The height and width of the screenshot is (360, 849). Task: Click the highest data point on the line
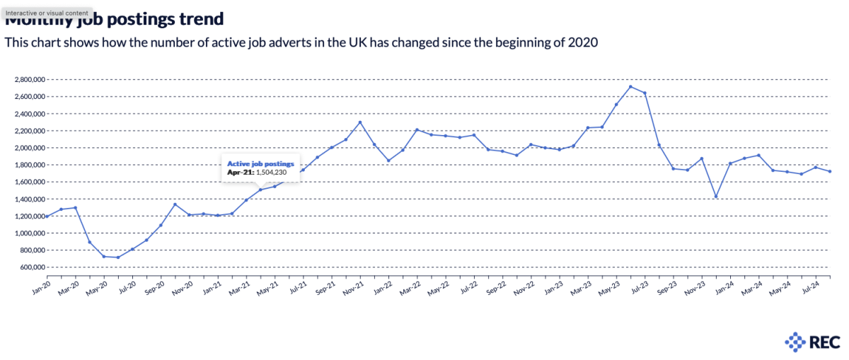coord(630,86)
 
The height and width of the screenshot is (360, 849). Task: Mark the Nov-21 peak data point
coord(360,122)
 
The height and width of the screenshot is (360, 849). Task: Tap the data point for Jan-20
coord(47,216)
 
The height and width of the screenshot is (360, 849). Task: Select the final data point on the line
coord(830,171)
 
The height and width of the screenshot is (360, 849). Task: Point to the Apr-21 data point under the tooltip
coord(260,190)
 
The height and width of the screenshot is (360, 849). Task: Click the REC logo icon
coord(796,342)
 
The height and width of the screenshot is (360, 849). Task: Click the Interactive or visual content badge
coord(47,13)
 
